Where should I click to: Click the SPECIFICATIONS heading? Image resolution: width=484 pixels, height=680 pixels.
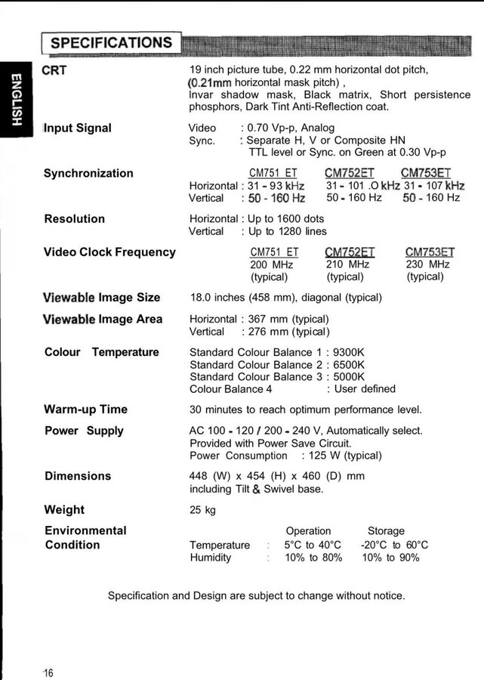tap(111, 42)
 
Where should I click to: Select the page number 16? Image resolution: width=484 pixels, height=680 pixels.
tap(48, 673)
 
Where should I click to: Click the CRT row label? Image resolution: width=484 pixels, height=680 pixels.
tap(55, 70)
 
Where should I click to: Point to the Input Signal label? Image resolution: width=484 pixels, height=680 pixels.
tap(78, 128)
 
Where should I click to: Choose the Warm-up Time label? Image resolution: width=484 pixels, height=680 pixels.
tap(86, 410)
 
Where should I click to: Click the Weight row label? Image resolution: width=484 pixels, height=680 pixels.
tap(64, 510)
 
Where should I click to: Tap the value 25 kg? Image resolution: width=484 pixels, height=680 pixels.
tap(202, 510)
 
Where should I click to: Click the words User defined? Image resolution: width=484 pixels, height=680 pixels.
tap(365, 388)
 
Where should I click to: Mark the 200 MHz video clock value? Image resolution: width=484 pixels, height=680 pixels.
tap(272, 264)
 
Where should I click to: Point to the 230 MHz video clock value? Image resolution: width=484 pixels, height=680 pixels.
tap(427, 264)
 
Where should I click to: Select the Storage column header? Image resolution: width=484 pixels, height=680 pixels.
tap(386, 531)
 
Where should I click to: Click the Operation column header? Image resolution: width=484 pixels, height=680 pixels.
tap(308, 531)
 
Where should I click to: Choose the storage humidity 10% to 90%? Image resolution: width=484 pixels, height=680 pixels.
tap(390, 558)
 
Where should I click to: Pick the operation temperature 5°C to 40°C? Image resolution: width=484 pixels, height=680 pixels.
tap(313, 545)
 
